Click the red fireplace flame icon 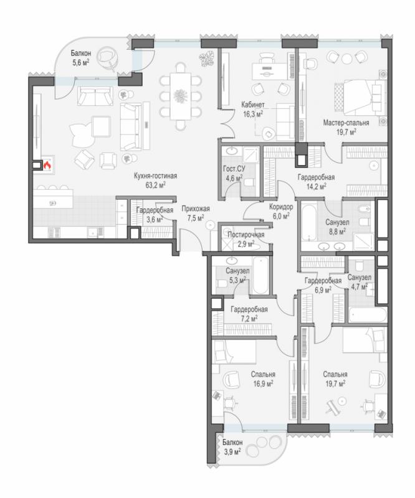pyautogui.click(x=47, y=165)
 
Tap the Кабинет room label pyautogui.click(x=253, y=105)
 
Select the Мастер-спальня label pyautogui.click(x=346, y=123)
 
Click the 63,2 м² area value pyautogui.click(x=156, y=186)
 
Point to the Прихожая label pyautogui.click(x=196, y=209)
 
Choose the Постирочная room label pyautogui.click(x=246, y=235)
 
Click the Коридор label pyautogui.click(x=281, y=207)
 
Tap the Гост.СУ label pyautogui.click(x=234, y=169)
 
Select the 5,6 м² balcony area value pyautogui.click(x=81, y=63)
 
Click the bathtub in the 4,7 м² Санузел pyautogui.click(x=368, y=314)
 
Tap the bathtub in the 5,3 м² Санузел pyautogui.click(x=260, y=276)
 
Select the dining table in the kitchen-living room pyautogui.click(x=181, y=96)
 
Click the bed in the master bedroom pyautogui.click(x=358, y=96)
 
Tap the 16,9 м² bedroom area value pyautogui.click(x=263, y=384)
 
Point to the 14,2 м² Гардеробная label pyautogui.click(x=316, y=177)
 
